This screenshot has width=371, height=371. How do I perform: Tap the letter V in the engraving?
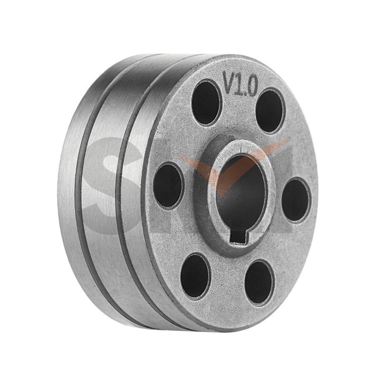coord(229,83)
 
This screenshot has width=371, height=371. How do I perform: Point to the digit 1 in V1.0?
coord(241,83)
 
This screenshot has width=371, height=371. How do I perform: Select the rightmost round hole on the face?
coord(295,200)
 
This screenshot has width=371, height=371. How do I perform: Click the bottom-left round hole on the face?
coord(195,275)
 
